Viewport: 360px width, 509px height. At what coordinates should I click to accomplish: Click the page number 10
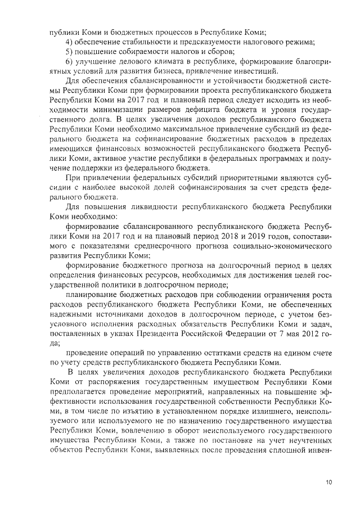click(328, 482)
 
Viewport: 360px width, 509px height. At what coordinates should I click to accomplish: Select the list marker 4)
click(70, 43)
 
